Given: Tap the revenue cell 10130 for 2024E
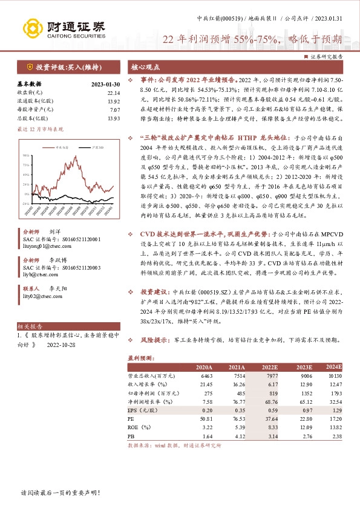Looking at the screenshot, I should (x=333, y=375).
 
